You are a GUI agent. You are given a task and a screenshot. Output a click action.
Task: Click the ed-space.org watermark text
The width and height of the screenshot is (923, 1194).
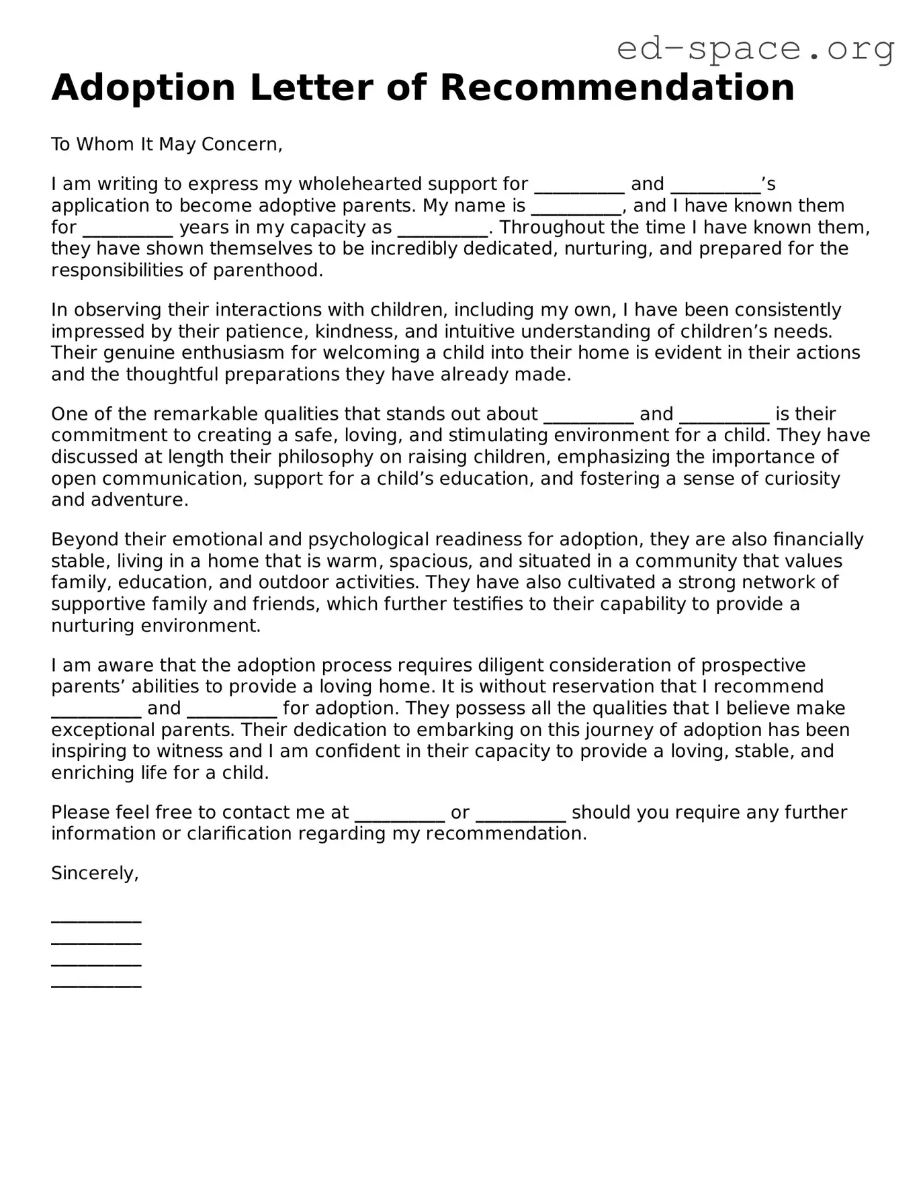click(755, 49)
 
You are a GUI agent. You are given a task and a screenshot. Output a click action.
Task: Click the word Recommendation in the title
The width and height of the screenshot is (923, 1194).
click(617, 88)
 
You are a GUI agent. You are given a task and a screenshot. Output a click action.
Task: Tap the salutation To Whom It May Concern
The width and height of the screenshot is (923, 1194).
click(167, 144)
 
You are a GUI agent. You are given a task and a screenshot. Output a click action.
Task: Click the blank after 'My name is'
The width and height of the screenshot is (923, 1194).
click(576, 207)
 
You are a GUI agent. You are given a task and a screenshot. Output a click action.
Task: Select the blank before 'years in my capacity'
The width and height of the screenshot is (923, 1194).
click(128, 228)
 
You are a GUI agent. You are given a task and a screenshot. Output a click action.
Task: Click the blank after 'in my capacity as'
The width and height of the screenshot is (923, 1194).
click(443, 228)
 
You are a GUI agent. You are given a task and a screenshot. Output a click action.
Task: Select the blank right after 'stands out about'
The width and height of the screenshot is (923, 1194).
click(588, 415)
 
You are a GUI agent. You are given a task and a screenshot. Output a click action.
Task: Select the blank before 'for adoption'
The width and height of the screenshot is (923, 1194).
click(232, 709)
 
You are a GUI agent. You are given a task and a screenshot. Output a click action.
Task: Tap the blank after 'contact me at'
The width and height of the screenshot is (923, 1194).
click(399, 813)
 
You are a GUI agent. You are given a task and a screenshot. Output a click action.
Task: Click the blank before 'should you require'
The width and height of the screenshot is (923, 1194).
click(521, 813)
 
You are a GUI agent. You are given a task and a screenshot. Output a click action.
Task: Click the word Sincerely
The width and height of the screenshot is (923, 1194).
click(95, 873)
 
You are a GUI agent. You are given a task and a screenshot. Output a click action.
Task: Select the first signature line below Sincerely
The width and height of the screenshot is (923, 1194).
click(96, 919)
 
